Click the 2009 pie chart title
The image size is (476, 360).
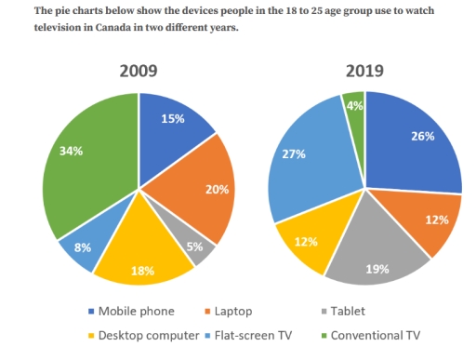(138, 71)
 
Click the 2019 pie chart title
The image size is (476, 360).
(364, 71)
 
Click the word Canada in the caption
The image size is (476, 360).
(83, 28)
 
